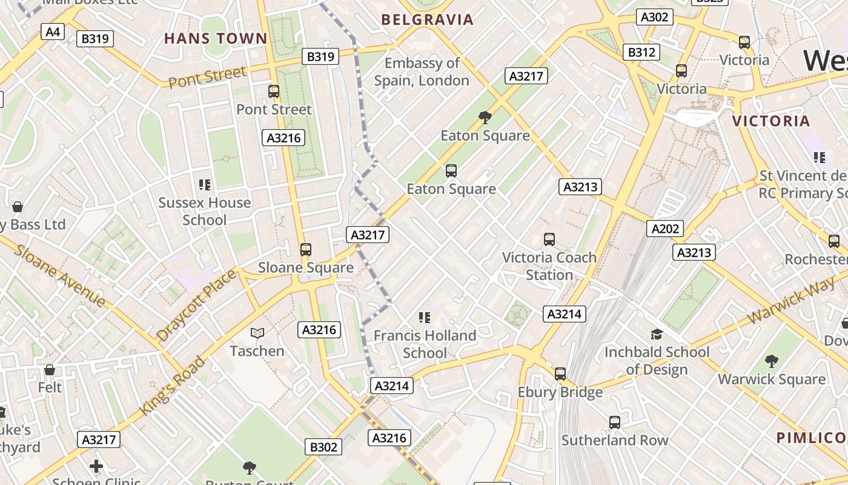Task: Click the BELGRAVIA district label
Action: [427, 19]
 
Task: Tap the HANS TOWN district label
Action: [216, 39]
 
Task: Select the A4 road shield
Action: [53, 32]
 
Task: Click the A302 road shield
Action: [655, 17]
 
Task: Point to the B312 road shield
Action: [641, 52]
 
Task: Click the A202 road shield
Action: [665, 229]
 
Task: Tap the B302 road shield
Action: [323, 447]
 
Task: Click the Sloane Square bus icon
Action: [306, 249]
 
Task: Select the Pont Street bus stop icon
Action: [274, 92]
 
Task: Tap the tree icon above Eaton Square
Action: [485, 117]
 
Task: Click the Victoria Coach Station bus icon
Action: [549, 239]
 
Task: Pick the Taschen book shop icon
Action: [257, 333]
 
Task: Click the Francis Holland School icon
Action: [425, 317]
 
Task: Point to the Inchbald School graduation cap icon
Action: [657, 334]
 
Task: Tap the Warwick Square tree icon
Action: [771, 361]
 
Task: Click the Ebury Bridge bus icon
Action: [560, 373]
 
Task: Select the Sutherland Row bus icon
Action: [615, 422]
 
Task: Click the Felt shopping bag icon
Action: [50, 369]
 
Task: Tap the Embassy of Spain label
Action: [422, 72]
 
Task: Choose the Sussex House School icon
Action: [204, 184]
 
